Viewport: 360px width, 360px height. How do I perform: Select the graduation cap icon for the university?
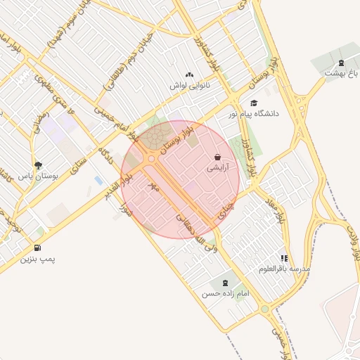pyautogui.click(x=253, y=103)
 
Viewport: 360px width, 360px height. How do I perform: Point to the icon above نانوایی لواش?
pyautogui.click(x=188, y=75)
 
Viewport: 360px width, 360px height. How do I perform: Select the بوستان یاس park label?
pyautogui.click(x=37, y=176)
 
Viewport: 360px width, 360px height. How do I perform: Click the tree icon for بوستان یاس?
pyautogui.click(x=37, y=165)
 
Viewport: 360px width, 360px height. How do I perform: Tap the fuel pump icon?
pyautogui.click(x=37, y=247)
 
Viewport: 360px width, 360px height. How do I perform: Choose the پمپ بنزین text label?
pyautogui.click(x=37, y=259)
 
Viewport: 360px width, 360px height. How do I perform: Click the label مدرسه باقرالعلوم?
pyautogui.click(x=284, y=269)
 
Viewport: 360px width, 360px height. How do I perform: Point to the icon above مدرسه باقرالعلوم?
pyautogui.click(x=284, y=258)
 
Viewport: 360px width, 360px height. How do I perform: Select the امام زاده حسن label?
pyautogui.click(x=226, y=293)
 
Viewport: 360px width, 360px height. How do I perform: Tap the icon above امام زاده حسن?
pyautogui.click(x=225, y=283)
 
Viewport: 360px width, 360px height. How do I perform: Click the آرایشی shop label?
pyautogui.click(x=217, y=169)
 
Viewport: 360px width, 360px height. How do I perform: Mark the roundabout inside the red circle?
pyautogui.click(x=151, y=159)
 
